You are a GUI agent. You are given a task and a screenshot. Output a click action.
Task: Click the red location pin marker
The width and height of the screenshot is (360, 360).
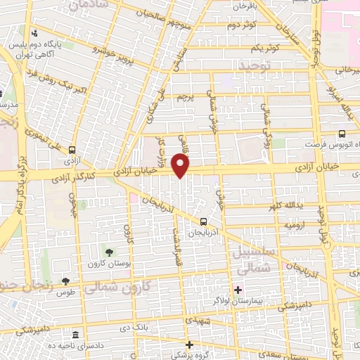click(x=181, y=166)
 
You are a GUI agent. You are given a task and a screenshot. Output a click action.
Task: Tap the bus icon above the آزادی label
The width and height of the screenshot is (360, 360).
click(x=72, y=149)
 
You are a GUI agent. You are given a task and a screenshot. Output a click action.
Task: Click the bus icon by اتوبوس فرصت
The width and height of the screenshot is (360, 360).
click(x=342, y=134)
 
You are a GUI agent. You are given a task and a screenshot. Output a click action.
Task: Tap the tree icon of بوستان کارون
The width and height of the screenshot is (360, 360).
click(x=108, y=252)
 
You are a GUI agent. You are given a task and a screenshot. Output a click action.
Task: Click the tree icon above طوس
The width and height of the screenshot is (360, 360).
click(x=65, y=281)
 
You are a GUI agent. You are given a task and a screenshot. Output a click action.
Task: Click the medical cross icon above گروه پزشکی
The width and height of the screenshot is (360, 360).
click(x=190, y=345)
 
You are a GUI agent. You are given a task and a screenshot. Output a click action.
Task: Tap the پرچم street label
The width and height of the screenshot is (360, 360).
click(x=184, y=96)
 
